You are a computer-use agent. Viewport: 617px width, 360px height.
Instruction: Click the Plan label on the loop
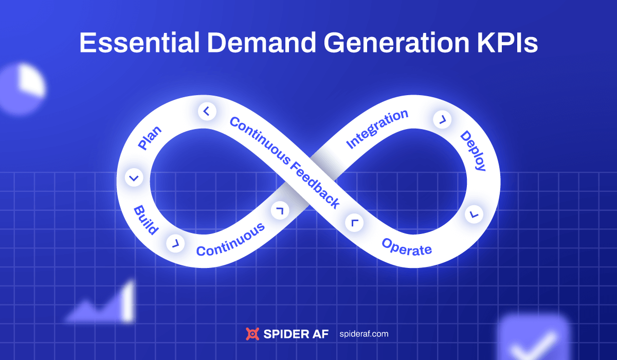pyautogui.click(x=150, y=138)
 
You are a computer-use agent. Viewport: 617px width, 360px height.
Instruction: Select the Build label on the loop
pyautogui.click(x=146, y=220)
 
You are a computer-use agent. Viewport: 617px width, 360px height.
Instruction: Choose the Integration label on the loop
pyautogui.click(x=377, y=129)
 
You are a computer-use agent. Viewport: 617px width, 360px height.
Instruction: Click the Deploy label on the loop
pyautogui.click(x=473, y=151)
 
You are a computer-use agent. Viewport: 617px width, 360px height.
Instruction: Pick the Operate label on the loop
pyautogui.click(x=407, y=247)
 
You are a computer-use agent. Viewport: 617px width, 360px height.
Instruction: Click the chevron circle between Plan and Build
pyautogui.click(x=134, y=178)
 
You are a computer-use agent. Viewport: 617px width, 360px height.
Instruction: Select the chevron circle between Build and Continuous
pyautogui.click(x=175, y=242)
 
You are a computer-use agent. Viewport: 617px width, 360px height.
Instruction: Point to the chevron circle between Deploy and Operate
pyautogui.click(x=474, y=213)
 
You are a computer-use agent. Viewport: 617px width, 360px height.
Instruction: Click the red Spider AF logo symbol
pyautogui.click(x=252, y=334)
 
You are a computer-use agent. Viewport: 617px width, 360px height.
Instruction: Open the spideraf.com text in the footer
pyautogui.click(x=364, y=334)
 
